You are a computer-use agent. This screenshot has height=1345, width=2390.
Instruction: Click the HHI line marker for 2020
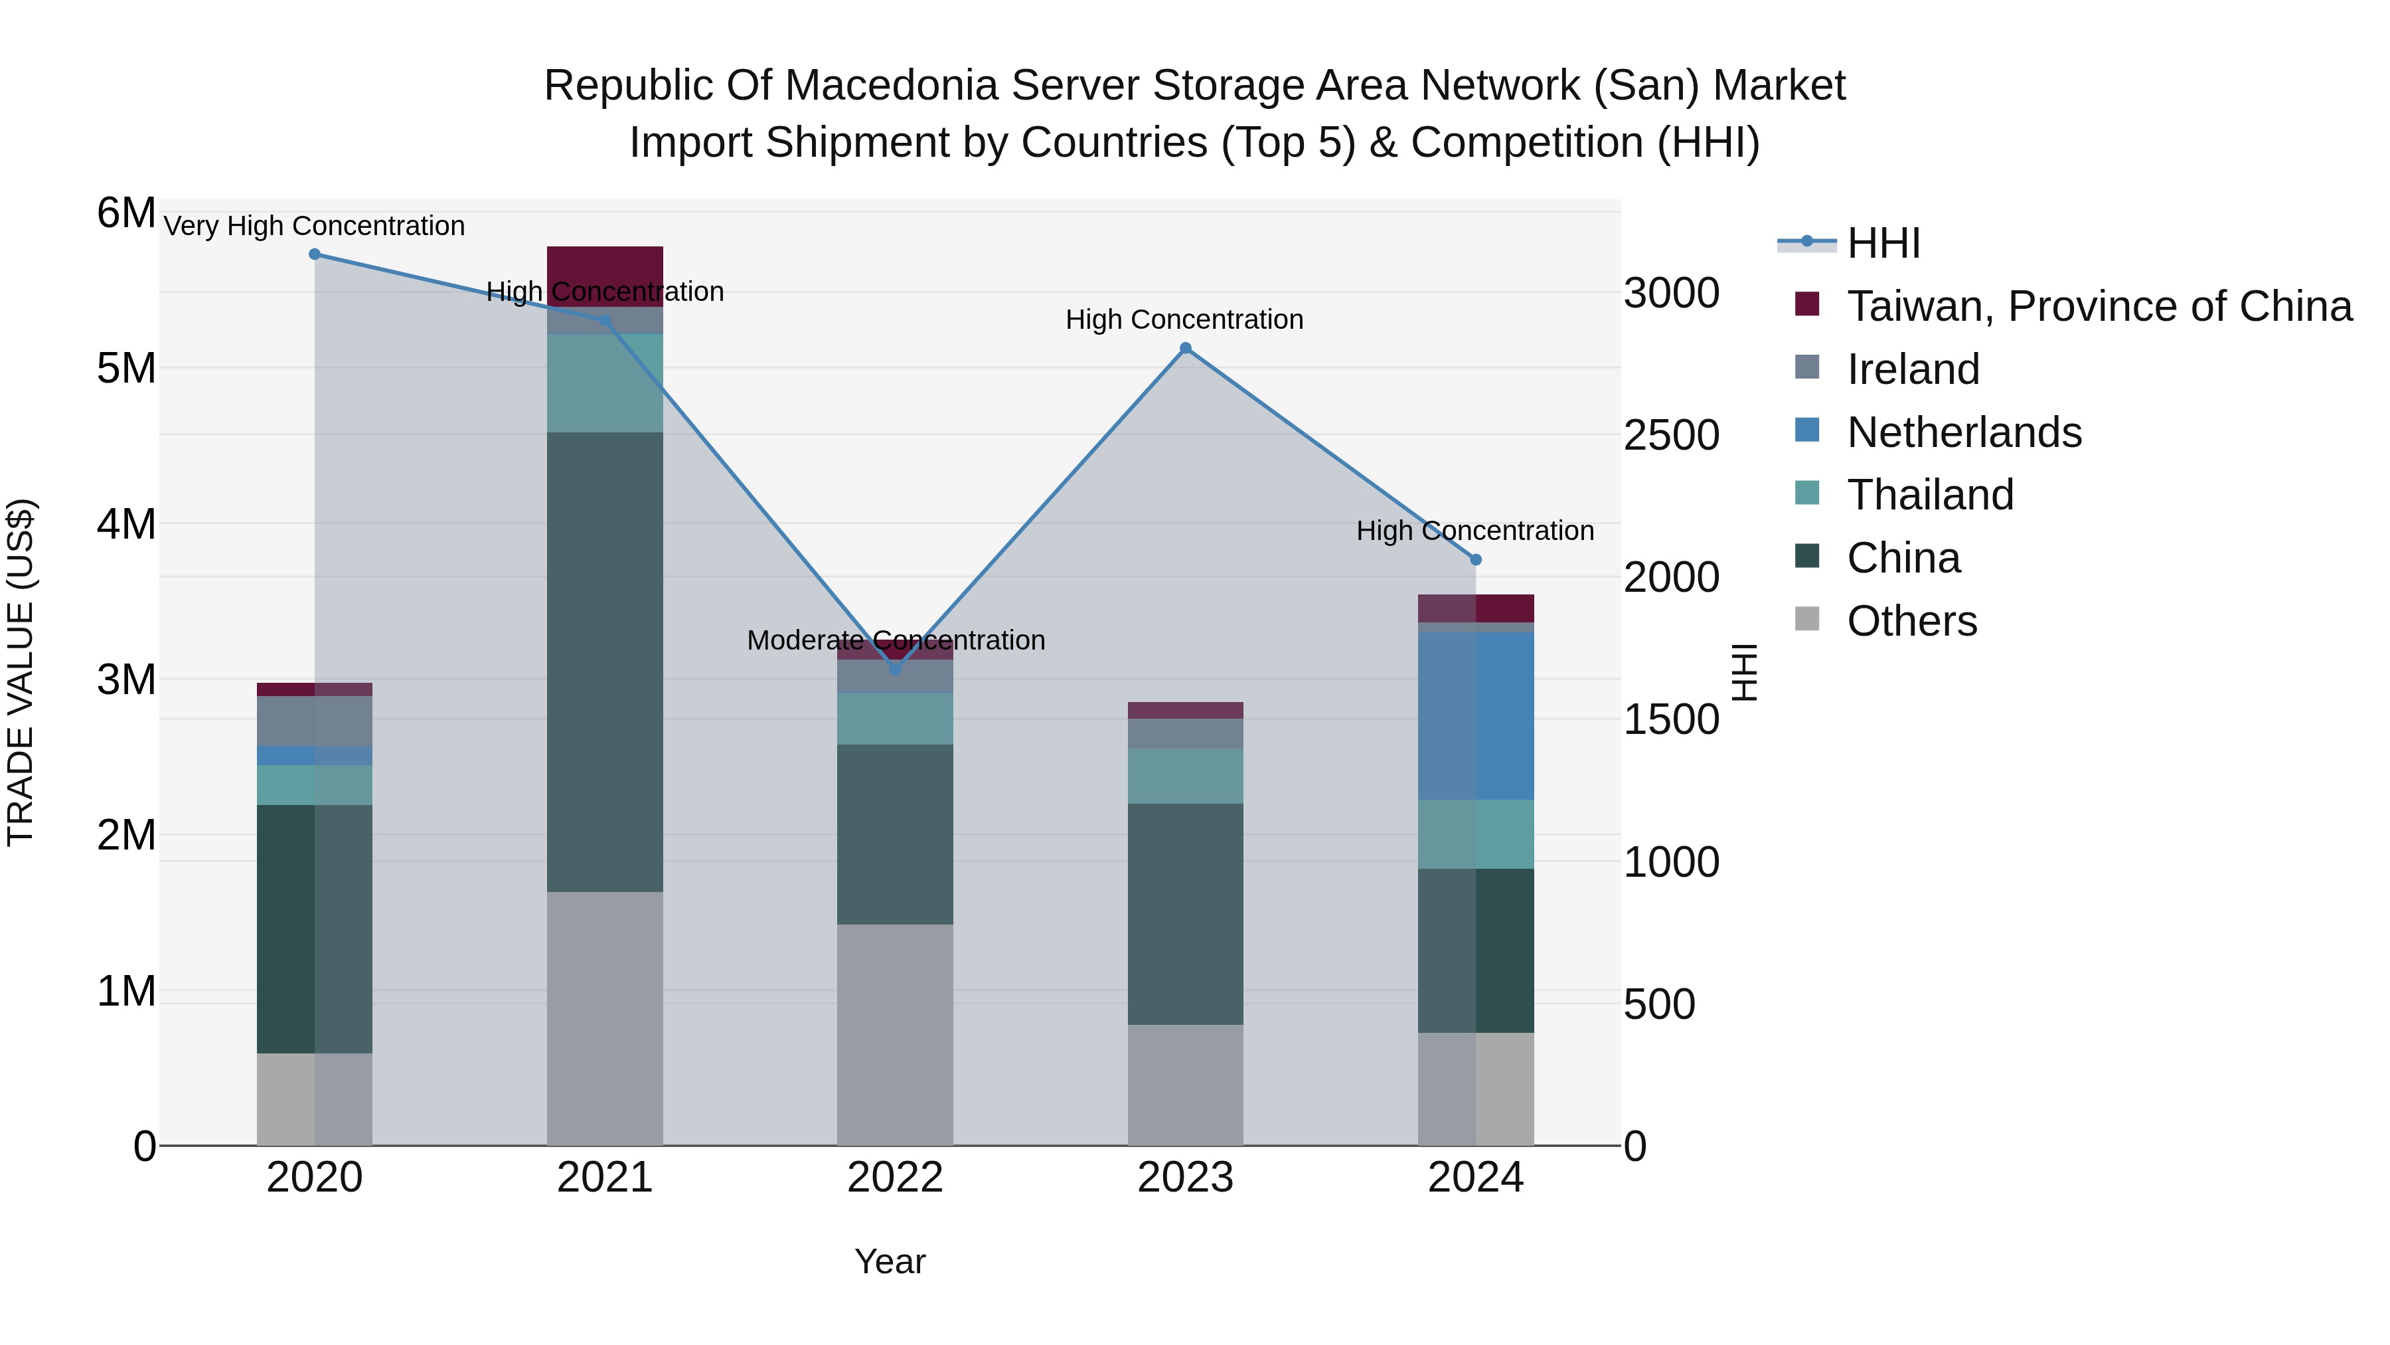point(315,254)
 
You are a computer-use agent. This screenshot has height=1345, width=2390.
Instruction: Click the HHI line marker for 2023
point(1185,348)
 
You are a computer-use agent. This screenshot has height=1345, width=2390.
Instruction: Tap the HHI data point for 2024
point(1476,560)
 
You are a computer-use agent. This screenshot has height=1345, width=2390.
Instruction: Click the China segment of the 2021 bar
point(605,662)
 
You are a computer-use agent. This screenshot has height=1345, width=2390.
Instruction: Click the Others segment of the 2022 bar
point(896,1034)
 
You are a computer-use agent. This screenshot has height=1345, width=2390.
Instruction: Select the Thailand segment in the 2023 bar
point(1185,776)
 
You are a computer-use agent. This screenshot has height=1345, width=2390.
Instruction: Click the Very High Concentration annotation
point(315,226)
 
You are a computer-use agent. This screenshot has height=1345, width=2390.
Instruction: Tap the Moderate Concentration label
point(896,640)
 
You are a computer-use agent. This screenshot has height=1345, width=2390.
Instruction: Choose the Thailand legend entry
point(1930,495)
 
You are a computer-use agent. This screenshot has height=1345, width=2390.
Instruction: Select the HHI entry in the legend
point(1883,243)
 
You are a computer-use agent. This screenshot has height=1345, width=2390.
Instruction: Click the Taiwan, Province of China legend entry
point(2099,306)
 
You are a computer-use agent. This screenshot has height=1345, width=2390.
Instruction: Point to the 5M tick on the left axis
point(126,369)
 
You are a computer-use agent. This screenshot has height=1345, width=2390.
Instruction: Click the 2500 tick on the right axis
point(1671,435)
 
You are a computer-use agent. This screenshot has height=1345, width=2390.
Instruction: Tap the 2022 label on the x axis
point(896,1178)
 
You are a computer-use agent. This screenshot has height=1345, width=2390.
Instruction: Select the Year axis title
point(890,1261)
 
